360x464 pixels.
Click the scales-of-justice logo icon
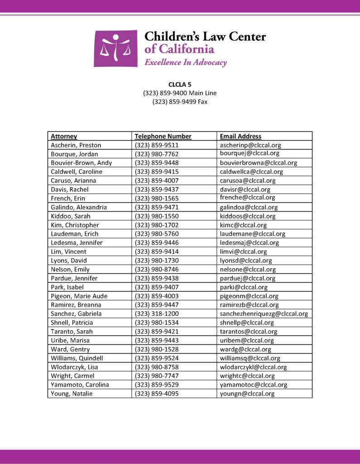point(115,48)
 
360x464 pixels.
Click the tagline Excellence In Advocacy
point(185,63)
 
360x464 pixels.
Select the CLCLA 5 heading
point(180,84)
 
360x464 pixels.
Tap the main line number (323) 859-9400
point(180,93)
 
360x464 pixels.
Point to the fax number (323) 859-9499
point(180,102)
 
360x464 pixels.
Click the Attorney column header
point(64,136)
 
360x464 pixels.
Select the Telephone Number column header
point(163,136)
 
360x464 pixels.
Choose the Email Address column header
point(240,136)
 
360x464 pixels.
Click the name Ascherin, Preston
point(76,145)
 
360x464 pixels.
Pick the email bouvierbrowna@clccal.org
point(258,163)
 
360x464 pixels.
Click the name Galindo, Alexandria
point(79,208)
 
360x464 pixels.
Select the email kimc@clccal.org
point(243,225)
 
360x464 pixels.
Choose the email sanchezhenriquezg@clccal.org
point(264,314)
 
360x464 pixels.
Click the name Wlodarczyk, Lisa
point(74,367)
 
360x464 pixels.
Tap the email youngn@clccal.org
point(247,394)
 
